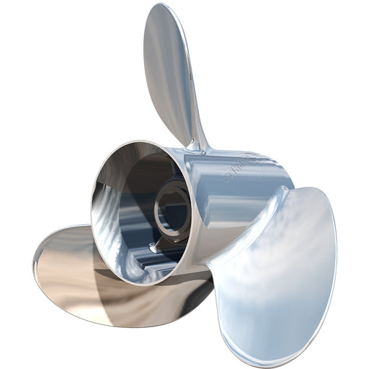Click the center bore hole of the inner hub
[x=172, y=209]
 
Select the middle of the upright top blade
[x=170, y=65]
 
